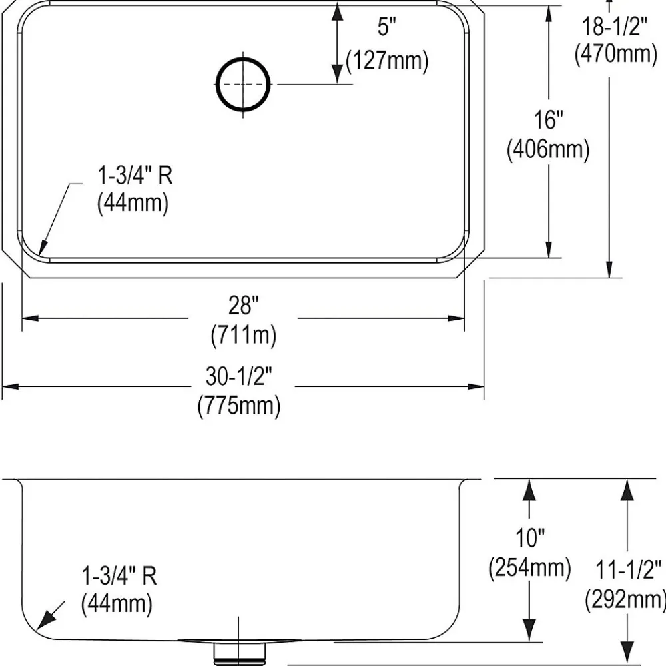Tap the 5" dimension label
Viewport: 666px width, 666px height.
tap(386, 27)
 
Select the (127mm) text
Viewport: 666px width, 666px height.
tap(387, 60)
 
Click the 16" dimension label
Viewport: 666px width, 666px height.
tap(548, 119)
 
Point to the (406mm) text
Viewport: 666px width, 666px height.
tap(548, 149)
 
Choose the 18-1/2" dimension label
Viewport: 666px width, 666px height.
tap(615, 27)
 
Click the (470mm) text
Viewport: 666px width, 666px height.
tap(616, 54)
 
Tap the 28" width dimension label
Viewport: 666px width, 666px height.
tap(243, 305)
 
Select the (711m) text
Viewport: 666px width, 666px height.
tap(244, 335)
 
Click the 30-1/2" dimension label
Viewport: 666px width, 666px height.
tap(238, 376)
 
